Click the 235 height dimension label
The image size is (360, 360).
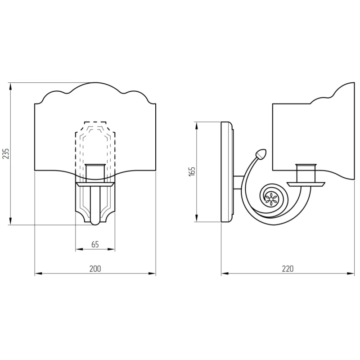pos(6,153)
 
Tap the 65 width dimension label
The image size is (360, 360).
pos(95,244)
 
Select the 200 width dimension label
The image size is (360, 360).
pos(95,269)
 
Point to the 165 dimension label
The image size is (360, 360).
pos(192,171)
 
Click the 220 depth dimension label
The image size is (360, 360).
pos(288,269)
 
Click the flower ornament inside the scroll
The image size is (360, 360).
pos(271,199)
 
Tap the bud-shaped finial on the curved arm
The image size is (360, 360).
pos(261,154)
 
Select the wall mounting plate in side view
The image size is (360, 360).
pos(227,172)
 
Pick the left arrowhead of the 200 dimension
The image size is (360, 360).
pos(39,274)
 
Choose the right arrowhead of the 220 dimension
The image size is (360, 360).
pos(351,274)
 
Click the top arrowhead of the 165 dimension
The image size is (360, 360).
pos(197,126)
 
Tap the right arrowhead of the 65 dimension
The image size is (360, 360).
pos(111,249)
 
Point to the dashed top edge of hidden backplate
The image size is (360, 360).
pos(95,121)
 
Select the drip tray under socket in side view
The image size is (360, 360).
pos(306,184)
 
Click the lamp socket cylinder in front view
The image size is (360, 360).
pos(95,173)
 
